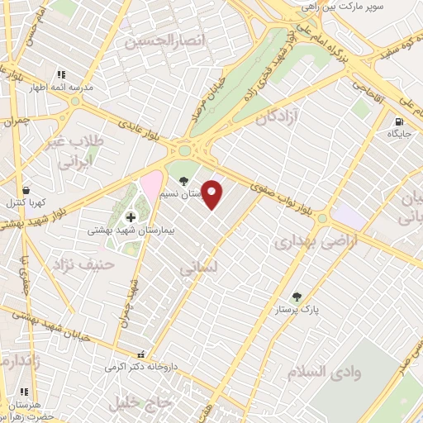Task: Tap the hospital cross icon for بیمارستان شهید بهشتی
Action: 131,216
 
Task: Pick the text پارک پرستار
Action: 297,311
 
